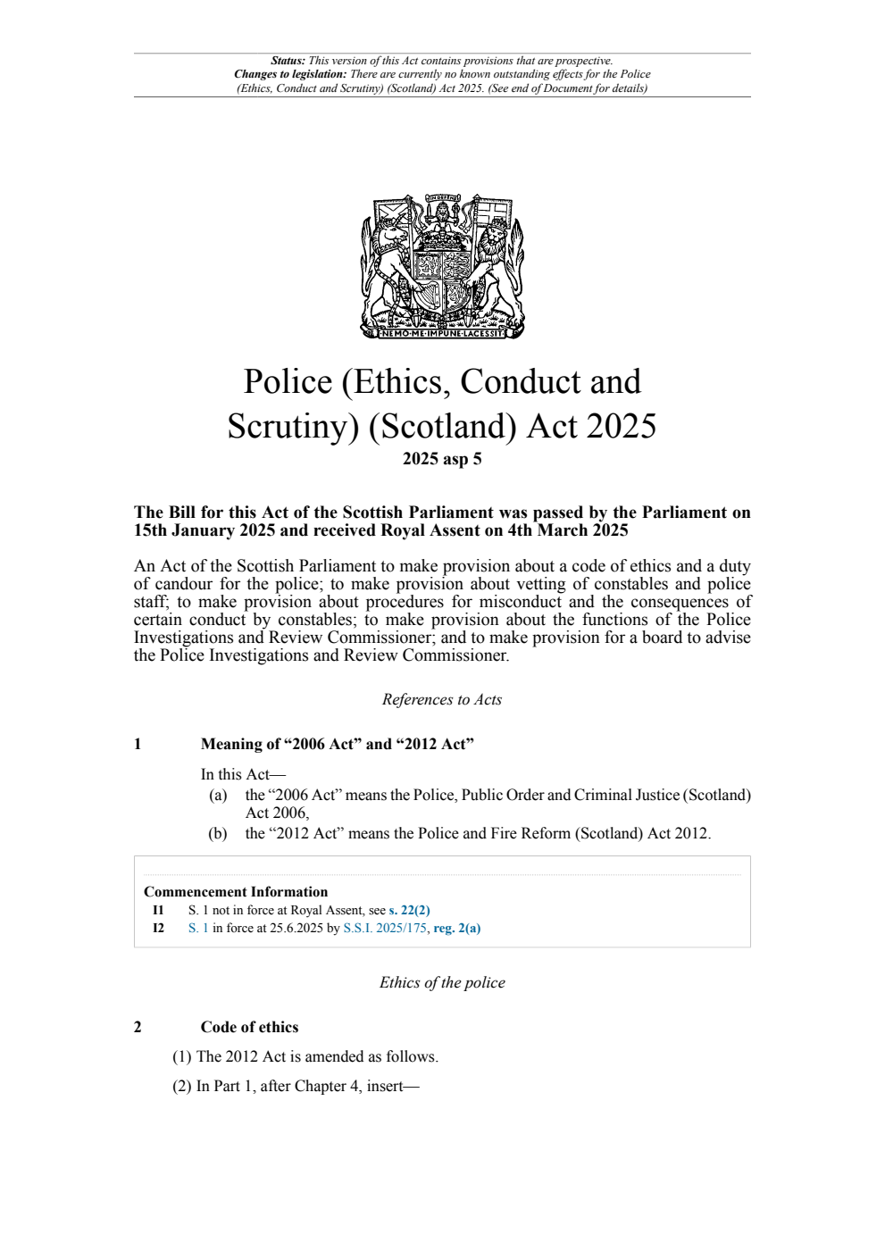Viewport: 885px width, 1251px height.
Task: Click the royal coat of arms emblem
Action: (x=442, y=265)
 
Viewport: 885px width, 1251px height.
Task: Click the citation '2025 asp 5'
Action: (x=442, y=459)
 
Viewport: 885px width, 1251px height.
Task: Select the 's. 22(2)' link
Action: (x=409, y=911)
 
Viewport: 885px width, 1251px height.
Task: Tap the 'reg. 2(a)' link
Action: (x=456, y=929)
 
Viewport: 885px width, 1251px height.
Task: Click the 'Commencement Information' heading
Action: (x=236, y=892)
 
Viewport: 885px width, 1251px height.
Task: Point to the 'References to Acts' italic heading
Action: (x=442, y=700)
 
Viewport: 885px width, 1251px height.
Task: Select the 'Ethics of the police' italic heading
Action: (x=442, y=983)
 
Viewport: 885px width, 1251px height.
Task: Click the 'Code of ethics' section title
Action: (x=249, y=1028)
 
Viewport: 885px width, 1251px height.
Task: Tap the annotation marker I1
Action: (x=158, y=911)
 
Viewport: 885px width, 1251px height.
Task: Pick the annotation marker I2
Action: (x=158, y=929)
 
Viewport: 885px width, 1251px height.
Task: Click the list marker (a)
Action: (x=218, y=796)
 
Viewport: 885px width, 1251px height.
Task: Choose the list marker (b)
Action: (x=218, y=834)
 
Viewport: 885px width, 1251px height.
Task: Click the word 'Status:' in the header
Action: (x=288, y=62)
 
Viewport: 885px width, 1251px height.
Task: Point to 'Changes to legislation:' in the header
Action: (x=290, y=75)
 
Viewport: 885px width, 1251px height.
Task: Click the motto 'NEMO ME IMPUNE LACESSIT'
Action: (x=442, y=333)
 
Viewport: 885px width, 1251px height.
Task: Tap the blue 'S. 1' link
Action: (x=198, y=929)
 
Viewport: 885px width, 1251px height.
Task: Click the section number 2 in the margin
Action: (x=138, y=1028)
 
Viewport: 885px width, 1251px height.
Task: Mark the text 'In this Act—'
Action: (x=243, y=775)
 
